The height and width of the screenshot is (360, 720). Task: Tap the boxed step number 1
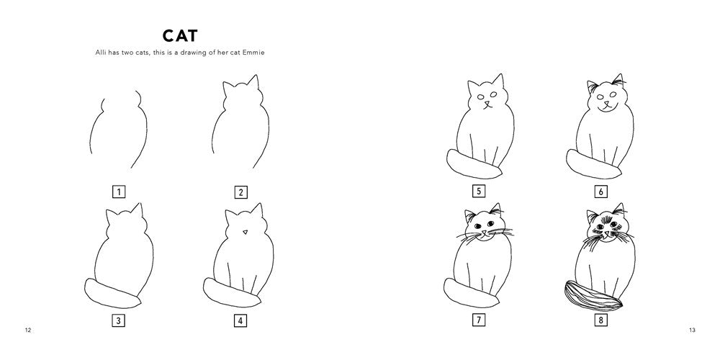pos(120,192)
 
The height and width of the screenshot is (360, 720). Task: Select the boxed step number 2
pos(240,192)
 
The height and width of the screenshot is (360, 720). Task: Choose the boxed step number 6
pos(600,192)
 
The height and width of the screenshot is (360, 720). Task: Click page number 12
pos(28,330)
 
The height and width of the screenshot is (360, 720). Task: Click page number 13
pos(691,330)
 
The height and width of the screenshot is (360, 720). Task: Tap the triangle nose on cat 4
pos(245,232)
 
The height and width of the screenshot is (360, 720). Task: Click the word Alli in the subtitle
pos(104,53)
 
